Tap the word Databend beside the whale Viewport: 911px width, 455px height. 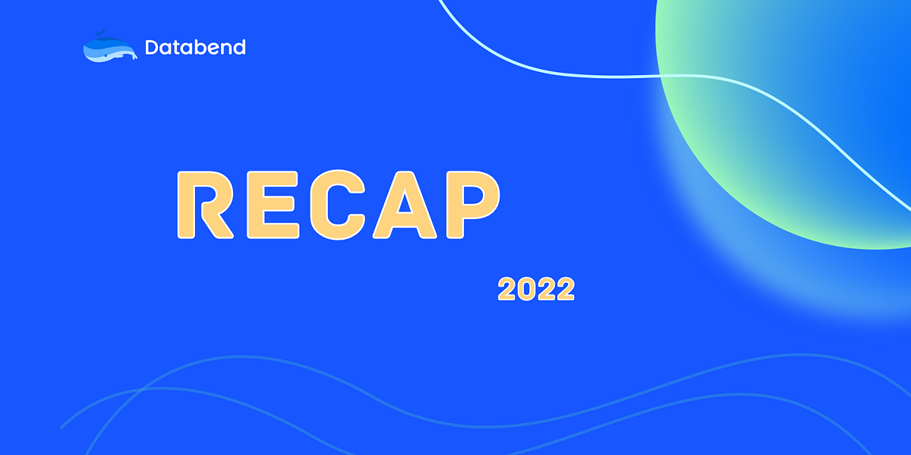pos(195,47)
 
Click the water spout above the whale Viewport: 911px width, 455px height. pos(96,34)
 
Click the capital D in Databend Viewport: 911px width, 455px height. pos(152,47)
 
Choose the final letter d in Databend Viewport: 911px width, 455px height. pos(239,47)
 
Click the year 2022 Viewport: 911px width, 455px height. pos(536,289)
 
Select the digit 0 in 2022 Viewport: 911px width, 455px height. pos(526,289)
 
